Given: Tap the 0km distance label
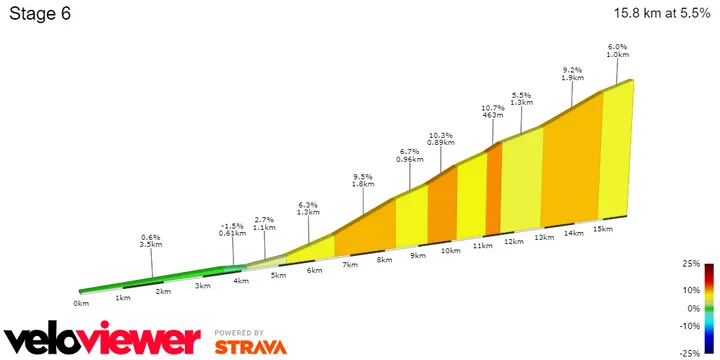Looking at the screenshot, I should coord(81,302).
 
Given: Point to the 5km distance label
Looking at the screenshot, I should coord(279,276).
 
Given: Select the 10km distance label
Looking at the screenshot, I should coord(451,251).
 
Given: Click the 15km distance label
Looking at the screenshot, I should coord(602,229).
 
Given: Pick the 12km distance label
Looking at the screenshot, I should coord(514,242).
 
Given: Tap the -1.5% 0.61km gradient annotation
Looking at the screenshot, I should coord(233,228).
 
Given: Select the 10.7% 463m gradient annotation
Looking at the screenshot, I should coord(492,111).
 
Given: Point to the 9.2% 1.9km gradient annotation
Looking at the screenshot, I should coord(572,73).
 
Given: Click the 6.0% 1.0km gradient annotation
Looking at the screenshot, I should coord(617,51).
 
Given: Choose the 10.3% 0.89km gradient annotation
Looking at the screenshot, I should coord(441,138).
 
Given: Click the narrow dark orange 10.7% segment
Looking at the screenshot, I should coord(493,190).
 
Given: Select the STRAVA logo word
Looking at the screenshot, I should coord(252,346).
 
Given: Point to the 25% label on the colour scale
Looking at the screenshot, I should coord(690,264).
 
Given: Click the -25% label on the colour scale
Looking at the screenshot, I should coord(689,353).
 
